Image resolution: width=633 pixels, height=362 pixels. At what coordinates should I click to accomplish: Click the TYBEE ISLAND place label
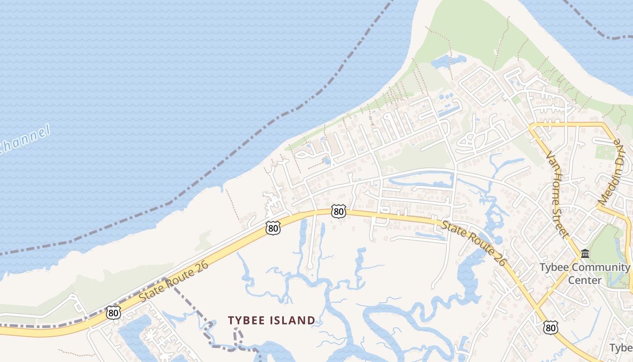tap(271, 320)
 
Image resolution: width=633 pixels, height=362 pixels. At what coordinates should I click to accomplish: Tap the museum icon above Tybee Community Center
tap(585, 253)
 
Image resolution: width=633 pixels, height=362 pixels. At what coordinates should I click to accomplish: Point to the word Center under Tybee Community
tap(585, 280)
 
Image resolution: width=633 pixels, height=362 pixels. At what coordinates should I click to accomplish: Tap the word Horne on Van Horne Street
tap(556, 190)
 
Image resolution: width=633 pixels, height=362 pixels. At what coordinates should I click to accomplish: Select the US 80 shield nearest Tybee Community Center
tap(550, 327)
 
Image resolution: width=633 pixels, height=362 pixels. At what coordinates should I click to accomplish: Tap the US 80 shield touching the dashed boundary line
tap(114, 312)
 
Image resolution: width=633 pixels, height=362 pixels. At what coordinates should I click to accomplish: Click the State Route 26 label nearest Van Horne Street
tap(474, 243)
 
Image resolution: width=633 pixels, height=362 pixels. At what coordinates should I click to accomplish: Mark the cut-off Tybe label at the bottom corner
tap(621, 348)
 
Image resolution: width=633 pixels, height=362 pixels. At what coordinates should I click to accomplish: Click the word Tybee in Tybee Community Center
tap(551, 267)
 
